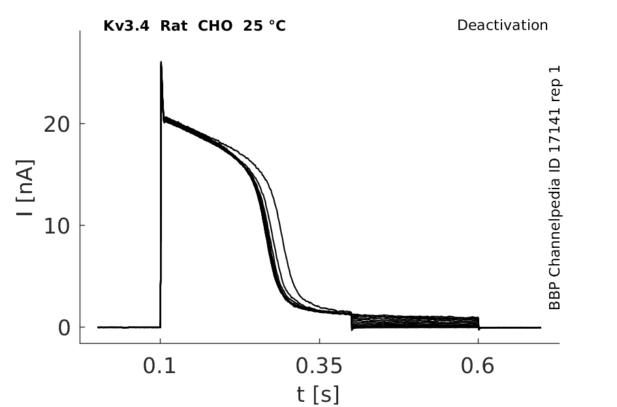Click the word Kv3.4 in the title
[x=126, y=26]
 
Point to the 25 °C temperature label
[x=264, y=26]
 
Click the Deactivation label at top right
[x=503, y=25]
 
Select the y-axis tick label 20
[x=56, y=125]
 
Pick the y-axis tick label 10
[x=56, y=226]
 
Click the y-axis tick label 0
[x=64, y=328]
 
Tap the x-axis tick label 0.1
[x=159, y=366]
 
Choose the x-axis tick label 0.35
[x=319, y=366]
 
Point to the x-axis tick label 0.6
[x=477, y=366]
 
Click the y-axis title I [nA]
[x=25, y=188]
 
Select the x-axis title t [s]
[x=317, y=394]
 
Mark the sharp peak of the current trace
[x=161, y=62]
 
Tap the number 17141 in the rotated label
[x=554, y=131]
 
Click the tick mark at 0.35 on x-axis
[x=319, y=340]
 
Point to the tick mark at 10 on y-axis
[x=83, y=225]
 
